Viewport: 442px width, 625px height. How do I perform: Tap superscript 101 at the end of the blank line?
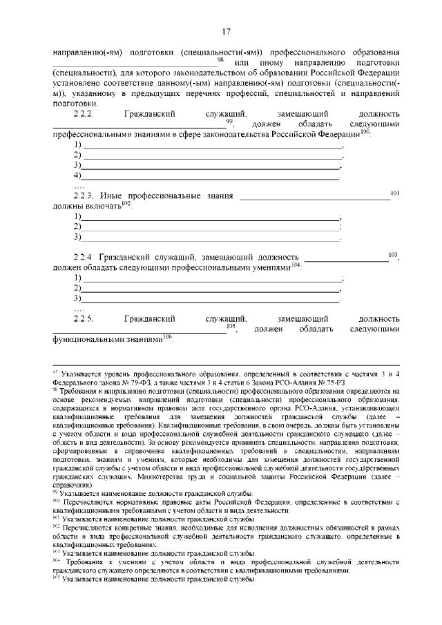pyautogui.click(x=395, y=193)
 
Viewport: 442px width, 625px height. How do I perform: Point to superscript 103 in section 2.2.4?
pyautogui.click(x=393, y=254)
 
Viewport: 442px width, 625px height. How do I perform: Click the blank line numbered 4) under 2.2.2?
pyautogui.click(x=210, y=177)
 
